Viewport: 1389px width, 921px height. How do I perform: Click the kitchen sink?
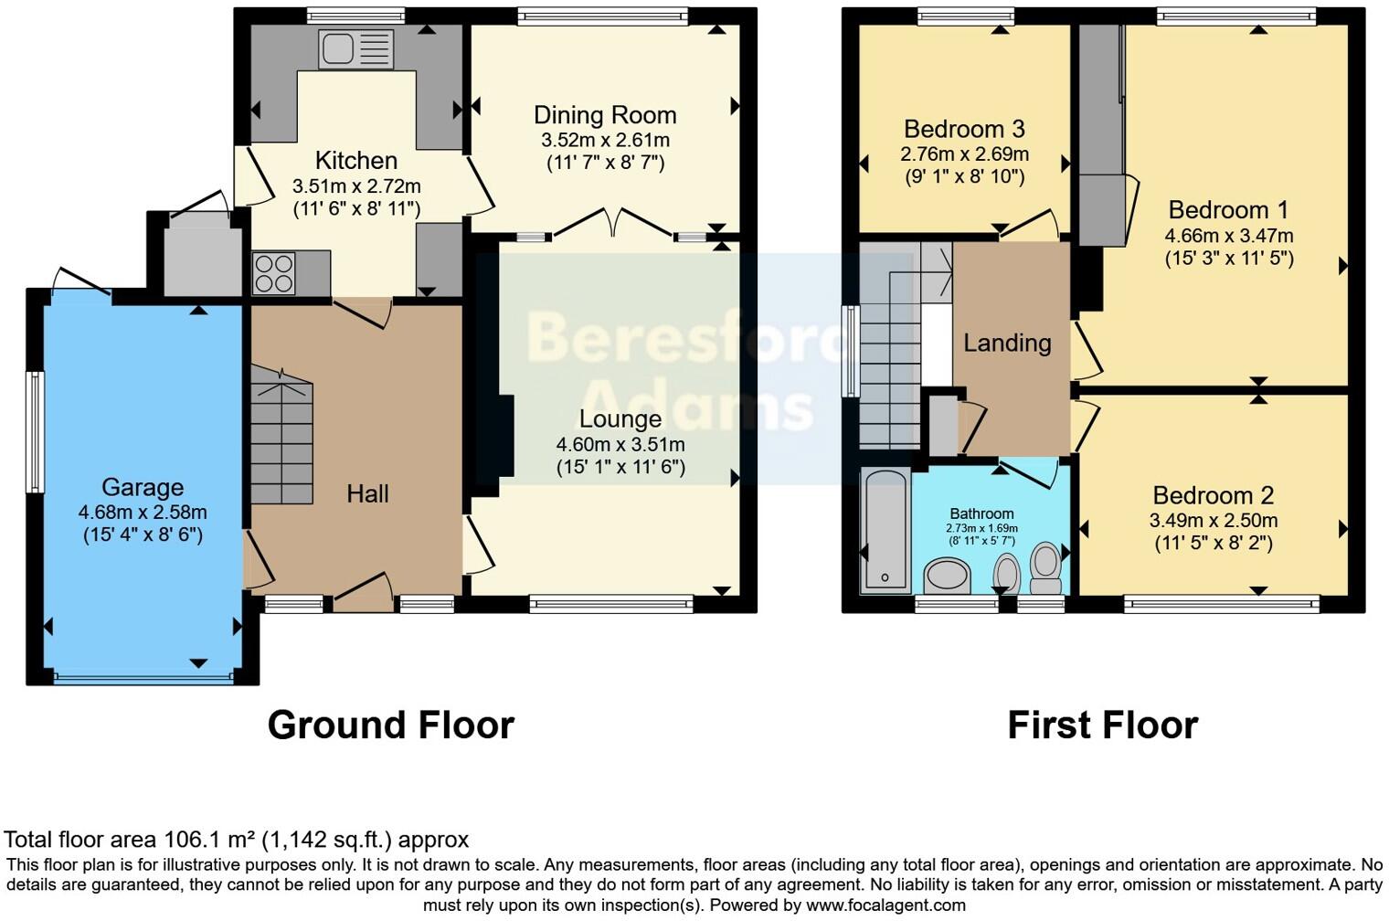355,48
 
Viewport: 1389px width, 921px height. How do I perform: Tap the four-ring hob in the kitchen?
274,272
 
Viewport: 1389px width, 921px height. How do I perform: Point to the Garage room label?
143,487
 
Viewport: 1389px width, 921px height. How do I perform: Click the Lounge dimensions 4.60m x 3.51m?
620,445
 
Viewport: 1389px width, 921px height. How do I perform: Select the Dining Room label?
605,115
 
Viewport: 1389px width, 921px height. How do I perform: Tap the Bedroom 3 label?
964,129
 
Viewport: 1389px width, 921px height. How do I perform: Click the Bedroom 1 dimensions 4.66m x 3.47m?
1228,236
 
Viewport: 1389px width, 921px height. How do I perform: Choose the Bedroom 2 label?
1213,495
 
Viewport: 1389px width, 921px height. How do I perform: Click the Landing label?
1007,343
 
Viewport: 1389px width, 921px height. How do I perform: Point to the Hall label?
367,494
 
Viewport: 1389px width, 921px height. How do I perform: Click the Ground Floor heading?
390,725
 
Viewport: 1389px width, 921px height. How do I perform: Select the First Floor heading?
1102,725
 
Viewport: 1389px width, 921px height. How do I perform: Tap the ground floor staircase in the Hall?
282,443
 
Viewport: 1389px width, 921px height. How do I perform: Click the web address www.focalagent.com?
885,905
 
